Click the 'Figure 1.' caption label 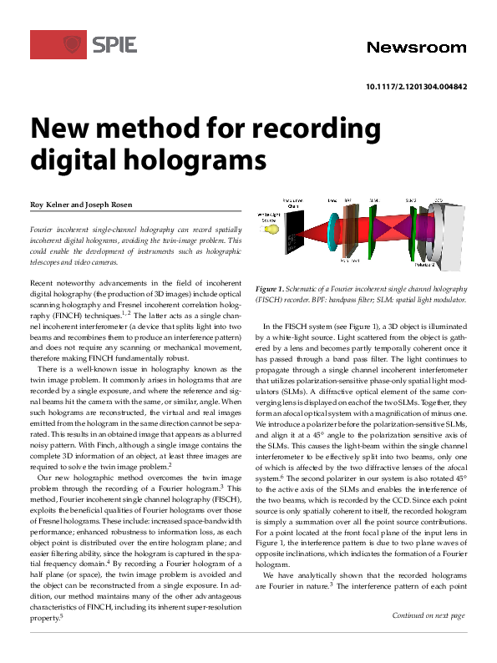[274, 288]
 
